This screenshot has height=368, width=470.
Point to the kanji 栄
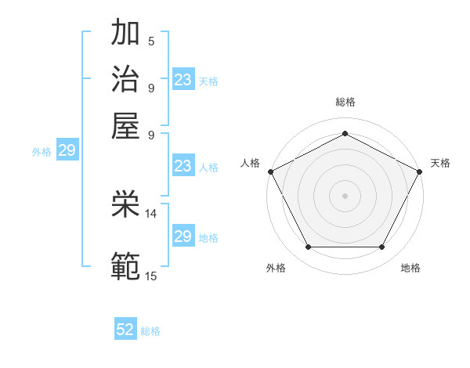click(126, 204)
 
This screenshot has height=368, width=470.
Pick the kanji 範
click(126, 265)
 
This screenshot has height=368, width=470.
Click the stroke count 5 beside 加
click(151, 41)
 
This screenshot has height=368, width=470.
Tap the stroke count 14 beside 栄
click(151, 213)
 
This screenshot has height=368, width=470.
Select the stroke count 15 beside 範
click(151, 276)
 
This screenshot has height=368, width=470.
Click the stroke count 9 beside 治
click(151, 87)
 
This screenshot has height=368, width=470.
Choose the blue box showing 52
click(125, 330)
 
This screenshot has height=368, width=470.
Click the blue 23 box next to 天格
click(183, 80)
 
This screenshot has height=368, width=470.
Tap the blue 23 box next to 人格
click(183, 166)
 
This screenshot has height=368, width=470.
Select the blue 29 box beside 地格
click(183, 236)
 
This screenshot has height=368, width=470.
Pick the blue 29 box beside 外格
click(67, 151)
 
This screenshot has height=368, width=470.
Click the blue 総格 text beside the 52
click(150, 331)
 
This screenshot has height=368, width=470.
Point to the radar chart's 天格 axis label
click(440, 163)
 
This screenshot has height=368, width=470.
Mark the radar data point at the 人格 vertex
click(270, 171)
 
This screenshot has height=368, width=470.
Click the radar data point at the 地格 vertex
click(381, 247)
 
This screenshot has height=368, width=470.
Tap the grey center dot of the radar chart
click(345, 195)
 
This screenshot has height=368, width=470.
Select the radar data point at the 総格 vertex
click(345, 133)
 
